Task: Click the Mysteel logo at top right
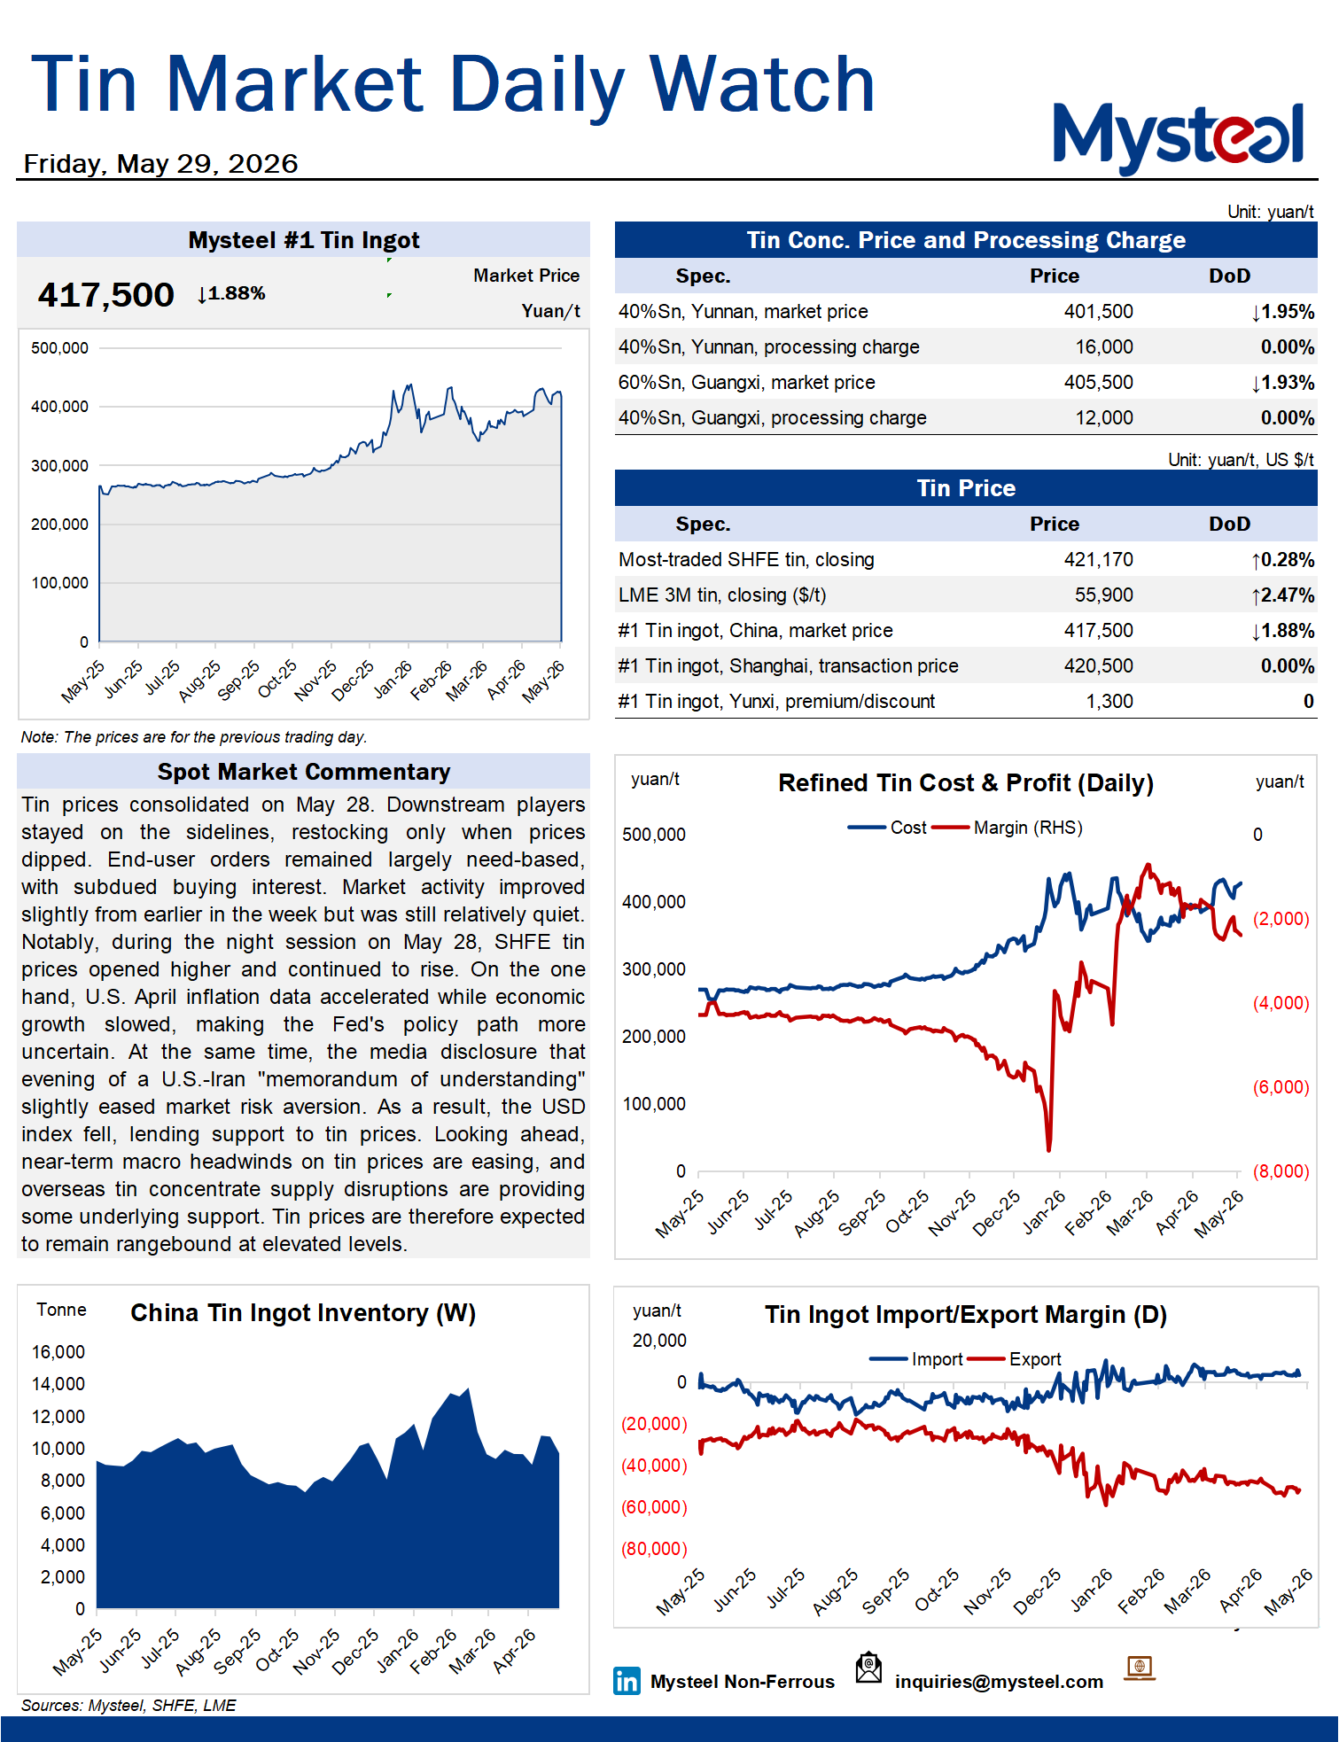(1179, 137)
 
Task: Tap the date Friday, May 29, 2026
(160, 164)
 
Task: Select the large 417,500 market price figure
(105, 295)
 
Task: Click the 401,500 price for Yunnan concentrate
(1098, 312)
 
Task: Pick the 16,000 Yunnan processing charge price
(1104, 347)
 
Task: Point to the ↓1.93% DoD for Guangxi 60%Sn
(1282, 383)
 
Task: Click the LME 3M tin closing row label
(722, 595)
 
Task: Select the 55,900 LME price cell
(1104, 595)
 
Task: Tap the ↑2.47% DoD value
(1282, 595)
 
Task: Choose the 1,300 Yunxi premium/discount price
(1109, 702)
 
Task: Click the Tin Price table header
(966, 488)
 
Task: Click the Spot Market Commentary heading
(304, 772)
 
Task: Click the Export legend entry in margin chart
(1015, 1359)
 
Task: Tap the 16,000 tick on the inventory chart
(58, 1352)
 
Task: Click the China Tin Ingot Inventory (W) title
(303, 1313)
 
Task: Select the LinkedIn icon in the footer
(627, 1681)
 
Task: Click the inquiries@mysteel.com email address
(999, 1682)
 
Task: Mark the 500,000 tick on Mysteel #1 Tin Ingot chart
(59, 348)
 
